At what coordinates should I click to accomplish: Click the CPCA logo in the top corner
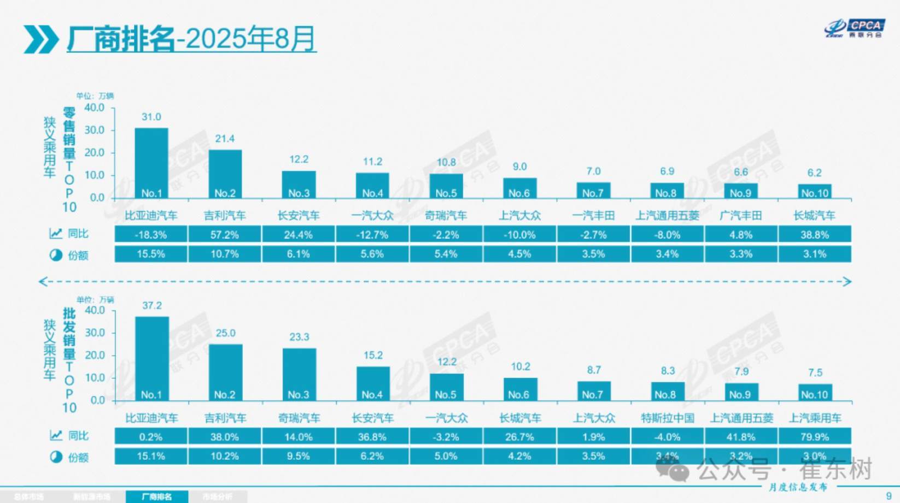click(x=855, y=28)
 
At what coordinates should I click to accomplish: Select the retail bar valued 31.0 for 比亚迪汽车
click(x=151, y=163)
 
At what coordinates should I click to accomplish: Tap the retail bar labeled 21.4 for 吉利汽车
click(x=225, y=174)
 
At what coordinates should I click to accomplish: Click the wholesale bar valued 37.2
click(x=151, y=358)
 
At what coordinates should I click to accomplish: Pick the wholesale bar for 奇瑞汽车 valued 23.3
click(x=299, y=374)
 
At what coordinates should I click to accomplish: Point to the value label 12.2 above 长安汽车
click(x=299, y=159)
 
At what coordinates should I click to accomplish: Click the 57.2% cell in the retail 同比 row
click(x=225, y=235)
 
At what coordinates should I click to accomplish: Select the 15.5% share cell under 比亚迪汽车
click(x=151, y=255)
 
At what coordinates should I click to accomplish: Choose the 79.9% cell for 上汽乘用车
click(x=815, y=437)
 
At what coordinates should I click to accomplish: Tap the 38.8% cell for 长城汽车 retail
click(x=815, y=235)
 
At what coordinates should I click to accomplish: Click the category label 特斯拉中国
click(x=668, y=418)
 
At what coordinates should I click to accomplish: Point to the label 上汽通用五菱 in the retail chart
click(x=667, y=216)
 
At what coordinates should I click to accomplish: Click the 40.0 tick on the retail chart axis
click(x=94, y=108)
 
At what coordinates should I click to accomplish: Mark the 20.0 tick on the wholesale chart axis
click(x=94, y=356)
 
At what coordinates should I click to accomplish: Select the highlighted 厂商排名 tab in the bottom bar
click(x=157, y=496)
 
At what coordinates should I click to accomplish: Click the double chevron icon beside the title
click(x=41, y=39)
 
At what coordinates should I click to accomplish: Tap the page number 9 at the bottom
click(x=889, y=496)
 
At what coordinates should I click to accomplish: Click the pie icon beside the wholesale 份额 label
click(x=56, y=457)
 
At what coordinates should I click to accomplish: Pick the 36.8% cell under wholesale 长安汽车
click(x=372, y=437)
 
